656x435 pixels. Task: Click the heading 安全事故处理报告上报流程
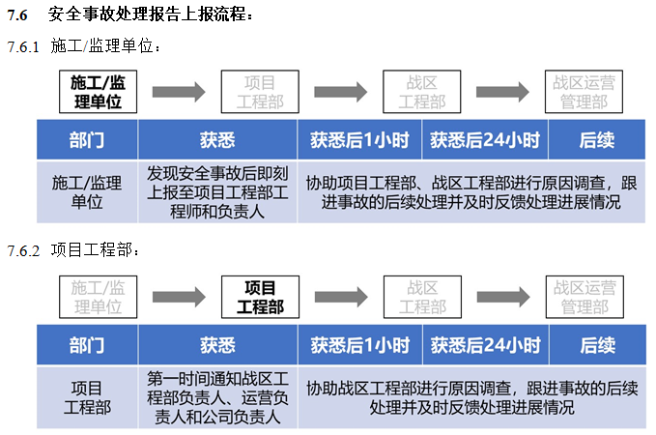click(151, 14)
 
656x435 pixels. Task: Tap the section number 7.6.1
click(23, 46)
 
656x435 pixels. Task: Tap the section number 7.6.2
click(23, 251)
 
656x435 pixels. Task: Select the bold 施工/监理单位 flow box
click(98, 92)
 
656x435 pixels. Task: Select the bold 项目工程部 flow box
click(260, 298)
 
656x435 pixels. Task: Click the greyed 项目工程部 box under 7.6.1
click(260, 92)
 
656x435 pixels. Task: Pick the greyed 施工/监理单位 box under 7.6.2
click(98, 298)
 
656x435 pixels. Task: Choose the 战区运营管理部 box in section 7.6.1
click(583, 92)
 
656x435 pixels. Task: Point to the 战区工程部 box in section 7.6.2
click(422, 298)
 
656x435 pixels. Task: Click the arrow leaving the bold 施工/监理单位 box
click(179, 92)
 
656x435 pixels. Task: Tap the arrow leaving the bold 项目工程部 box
click(341, 298)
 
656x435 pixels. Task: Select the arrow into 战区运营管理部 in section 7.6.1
click(502, 92)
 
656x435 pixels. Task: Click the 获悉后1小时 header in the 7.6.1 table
click(359, 141)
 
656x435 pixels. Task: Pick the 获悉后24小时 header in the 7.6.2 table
click(484, 345)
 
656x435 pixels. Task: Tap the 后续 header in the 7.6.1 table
click(597, 141)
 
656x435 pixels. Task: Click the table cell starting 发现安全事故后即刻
click(217, 192)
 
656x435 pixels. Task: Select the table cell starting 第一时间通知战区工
click(217, 397)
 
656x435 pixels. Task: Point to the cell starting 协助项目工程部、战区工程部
click(471, 192)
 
